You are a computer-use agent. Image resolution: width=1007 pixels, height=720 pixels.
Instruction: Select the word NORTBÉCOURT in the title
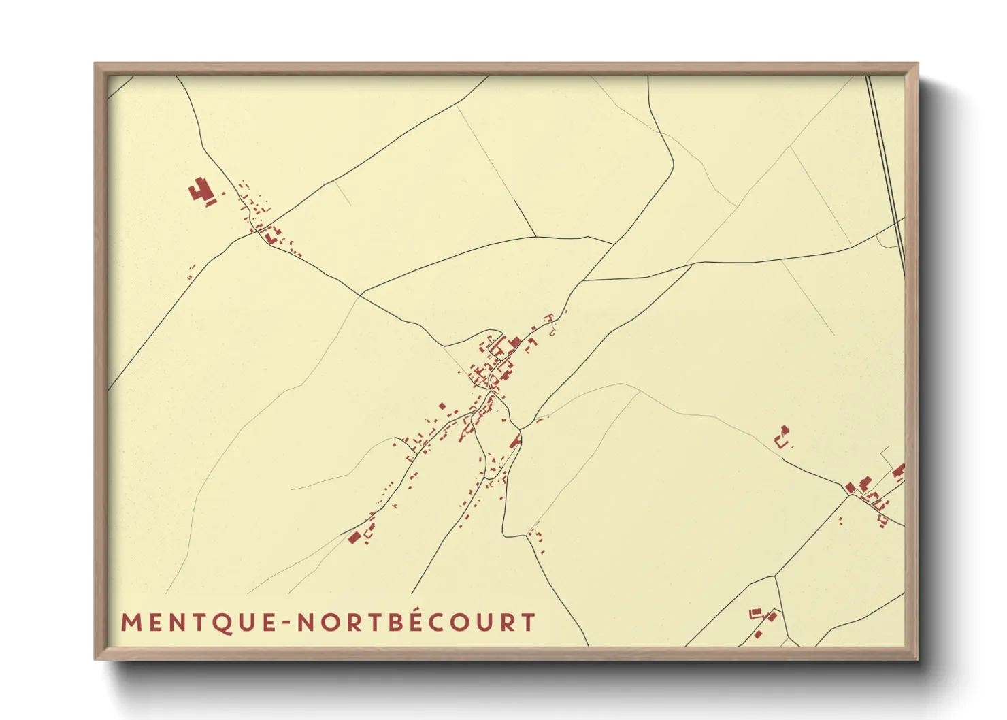417,623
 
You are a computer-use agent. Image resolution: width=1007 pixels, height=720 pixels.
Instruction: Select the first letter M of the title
130,623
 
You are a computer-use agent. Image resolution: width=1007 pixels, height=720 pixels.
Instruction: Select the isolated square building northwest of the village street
442,406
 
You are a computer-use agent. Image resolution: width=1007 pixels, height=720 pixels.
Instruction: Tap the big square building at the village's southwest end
354,538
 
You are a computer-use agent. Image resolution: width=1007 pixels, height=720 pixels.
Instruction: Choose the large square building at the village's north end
516,342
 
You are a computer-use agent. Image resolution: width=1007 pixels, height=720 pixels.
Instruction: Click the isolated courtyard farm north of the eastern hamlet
784,437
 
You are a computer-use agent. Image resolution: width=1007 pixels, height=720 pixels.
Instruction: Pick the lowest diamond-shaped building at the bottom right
758,635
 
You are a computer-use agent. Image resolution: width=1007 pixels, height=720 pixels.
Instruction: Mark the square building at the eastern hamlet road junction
850,487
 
